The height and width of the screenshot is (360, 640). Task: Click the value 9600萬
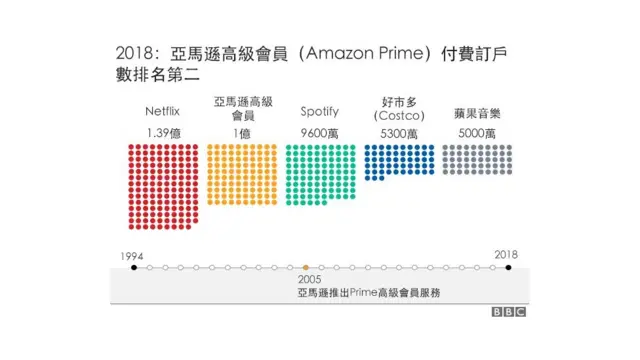point(319,132)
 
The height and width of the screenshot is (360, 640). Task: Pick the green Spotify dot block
point(319,174)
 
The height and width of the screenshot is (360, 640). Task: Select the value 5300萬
point(398,132)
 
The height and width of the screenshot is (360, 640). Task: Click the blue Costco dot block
point(398,160)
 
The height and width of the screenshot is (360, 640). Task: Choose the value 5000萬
point(476,132)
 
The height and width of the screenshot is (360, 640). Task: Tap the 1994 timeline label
point(133,255)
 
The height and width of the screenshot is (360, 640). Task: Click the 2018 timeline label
point(507,255)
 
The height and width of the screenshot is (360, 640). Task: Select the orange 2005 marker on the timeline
point(305,268)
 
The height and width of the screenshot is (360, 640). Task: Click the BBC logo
point(508,312)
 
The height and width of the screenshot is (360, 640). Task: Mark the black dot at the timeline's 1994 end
point(133,268)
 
